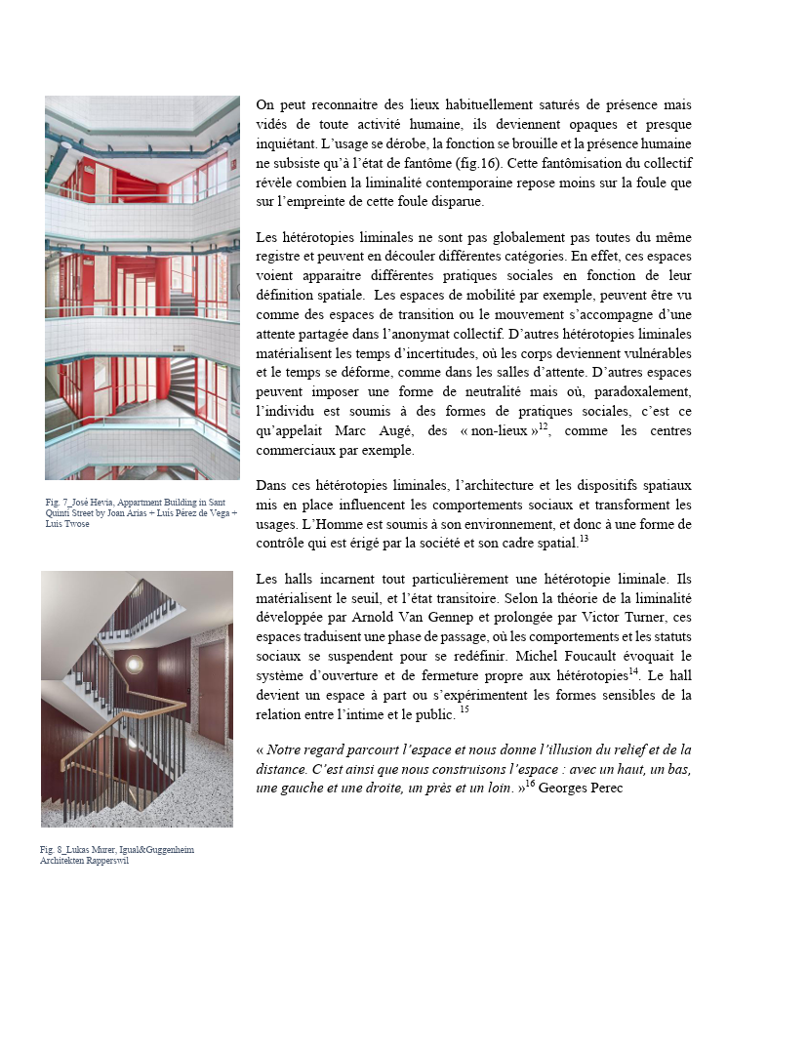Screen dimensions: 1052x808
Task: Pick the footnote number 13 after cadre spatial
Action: click(584, 539)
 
